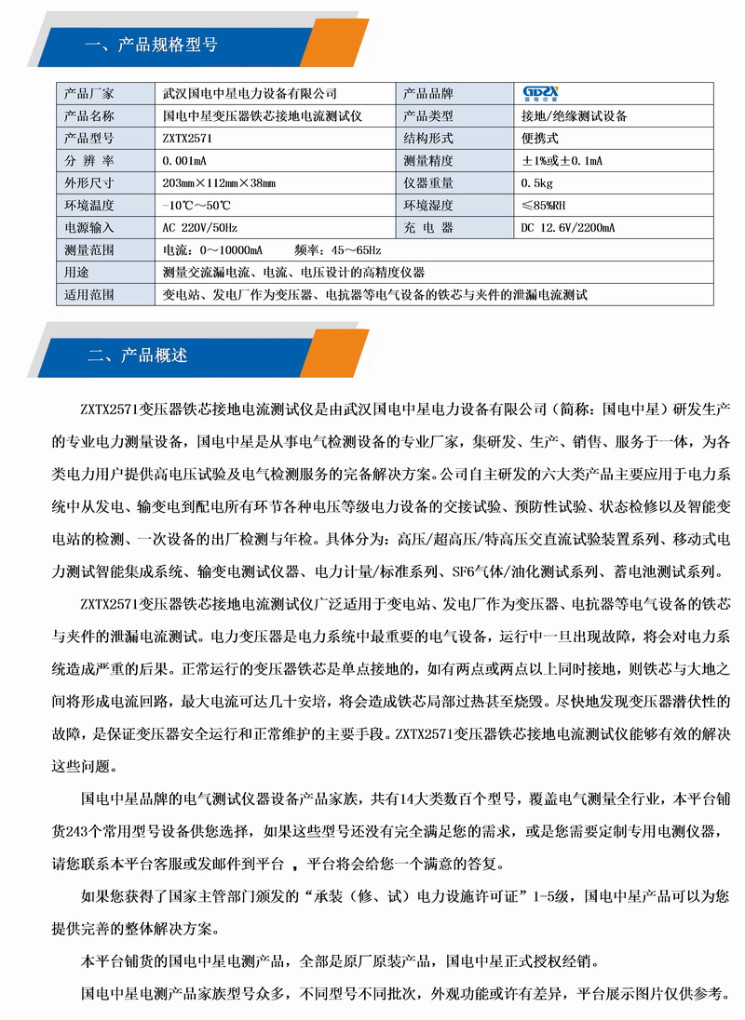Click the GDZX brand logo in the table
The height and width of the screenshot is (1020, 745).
point(540,94)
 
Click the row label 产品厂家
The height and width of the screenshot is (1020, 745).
point(88,94)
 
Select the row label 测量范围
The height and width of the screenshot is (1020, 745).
point(88,250)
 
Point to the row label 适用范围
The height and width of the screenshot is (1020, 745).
point(88,295)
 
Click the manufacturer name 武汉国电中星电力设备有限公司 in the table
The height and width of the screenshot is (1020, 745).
point(250,94)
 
